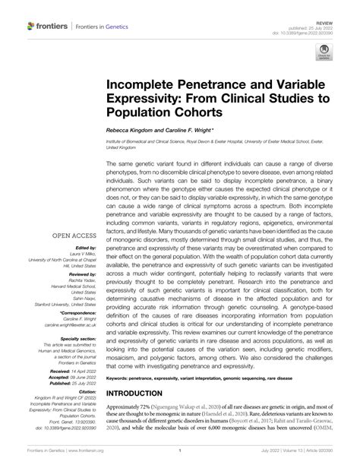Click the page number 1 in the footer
pos(180,460)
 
